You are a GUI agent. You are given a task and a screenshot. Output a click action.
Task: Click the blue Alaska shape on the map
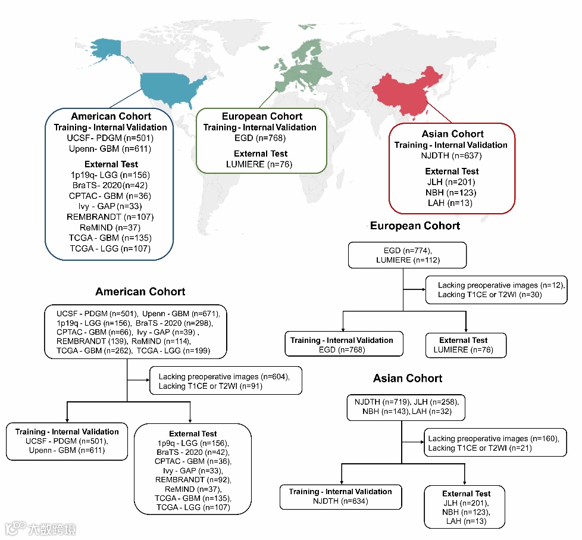pyautogui.click(x=104, y=47)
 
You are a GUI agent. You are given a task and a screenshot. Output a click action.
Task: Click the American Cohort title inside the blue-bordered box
pyautogui.click(x=111, y=116)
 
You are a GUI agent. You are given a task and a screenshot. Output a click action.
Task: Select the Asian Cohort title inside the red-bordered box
pyautogui.click(x=452, y=134)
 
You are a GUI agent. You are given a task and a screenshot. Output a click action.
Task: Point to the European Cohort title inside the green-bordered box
pyautogui.click(x=262, y=116)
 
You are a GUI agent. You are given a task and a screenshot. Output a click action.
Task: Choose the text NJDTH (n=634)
pyautogui.click(x=340, y=501)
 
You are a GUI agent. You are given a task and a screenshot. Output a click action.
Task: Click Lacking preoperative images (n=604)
pyautogui.click(x=224, y=377)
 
